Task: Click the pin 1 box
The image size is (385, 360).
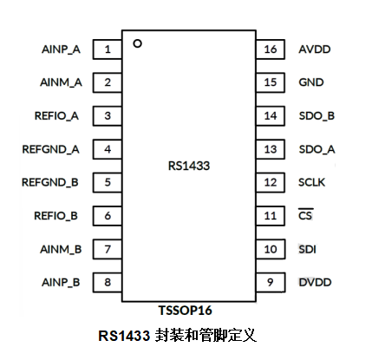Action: [x=108, y=49]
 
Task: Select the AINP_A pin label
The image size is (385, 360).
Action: [x=61, y=49]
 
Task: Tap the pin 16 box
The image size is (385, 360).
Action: [x=270, y=49]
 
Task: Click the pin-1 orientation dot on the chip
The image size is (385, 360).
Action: [x=137, y=42]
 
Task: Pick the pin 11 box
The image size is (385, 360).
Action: [x=270, y=215]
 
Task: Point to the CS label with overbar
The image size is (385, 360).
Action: [x=305, y=215]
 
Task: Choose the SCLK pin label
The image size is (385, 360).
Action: [x=312, y=182]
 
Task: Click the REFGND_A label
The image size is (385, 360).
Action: [x=51, y=149]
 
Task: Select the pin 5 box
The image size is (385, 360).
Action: [x=108, y=182]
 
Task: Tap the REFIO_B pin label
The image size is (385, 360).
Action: [x=56, y=215]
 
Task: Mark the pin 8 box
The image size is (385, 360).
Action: [x=108, y=282]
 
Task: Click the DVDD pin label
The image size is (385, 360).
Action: [x=315, y=282]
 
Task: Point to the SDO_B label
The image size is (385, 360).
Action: [x=316, y=115]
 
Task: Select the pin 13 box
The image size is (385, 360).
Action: [x=270, y=149]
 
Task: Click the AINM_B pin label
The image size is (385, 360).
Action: [x=60, y=249]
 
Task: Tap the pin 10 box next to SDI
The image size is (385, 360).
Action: [x=270, y=249]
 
